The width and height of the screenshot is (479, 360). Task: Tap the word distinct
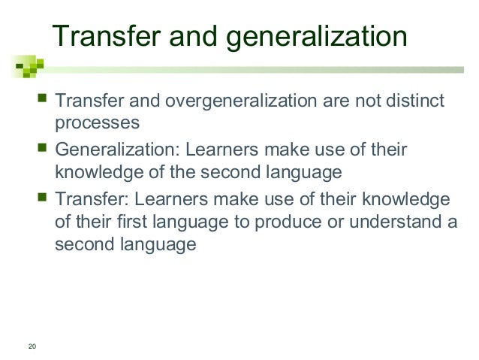[x=414, y=101]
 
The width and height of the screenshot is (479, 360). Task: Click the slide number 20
[x=31, y=346]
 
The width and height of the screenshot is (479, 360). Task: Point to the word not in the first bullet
[x=359, y=101]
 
